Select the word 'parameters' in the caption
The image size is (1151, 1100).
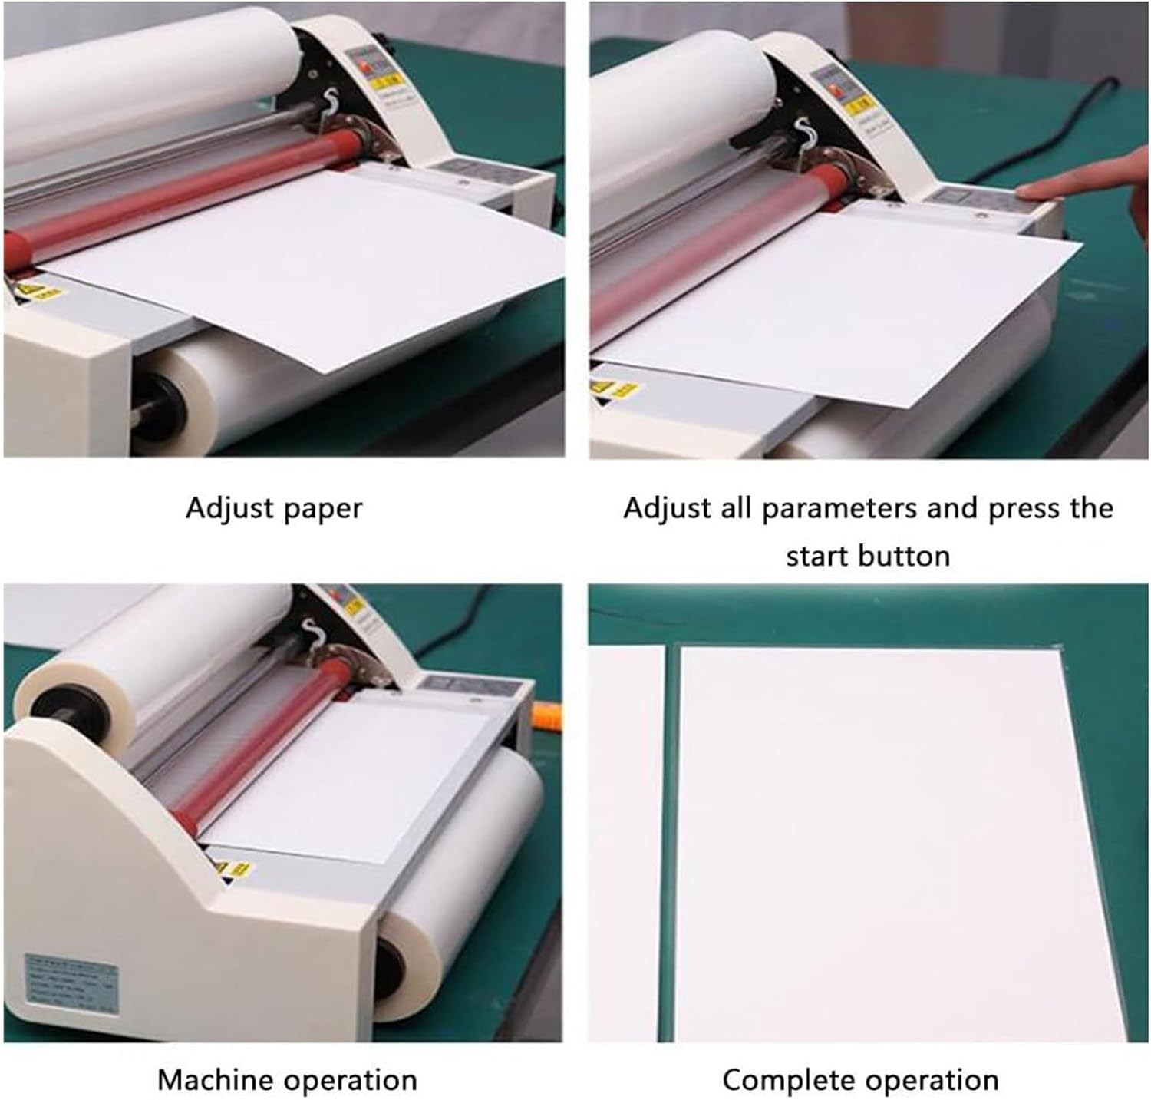point(843,509)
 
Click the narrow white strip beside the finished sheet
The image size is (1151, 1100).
point(626,844)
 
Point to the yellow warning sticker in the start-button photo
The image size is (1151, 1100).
point(614,388)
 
